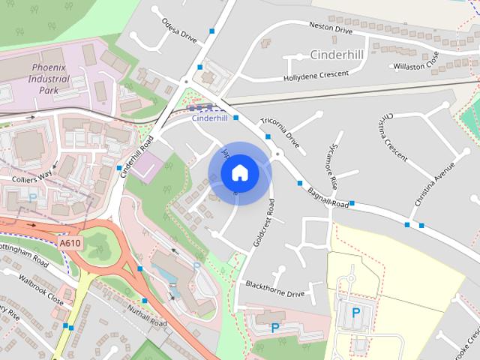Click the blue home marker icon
tap(239, 173)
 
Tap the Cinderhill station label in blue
tap(209, 118)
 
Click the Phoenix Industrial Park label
tap(49, 79)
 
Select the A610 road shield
tap(70, 244)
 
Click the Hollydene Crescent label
tap(316, 76)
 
